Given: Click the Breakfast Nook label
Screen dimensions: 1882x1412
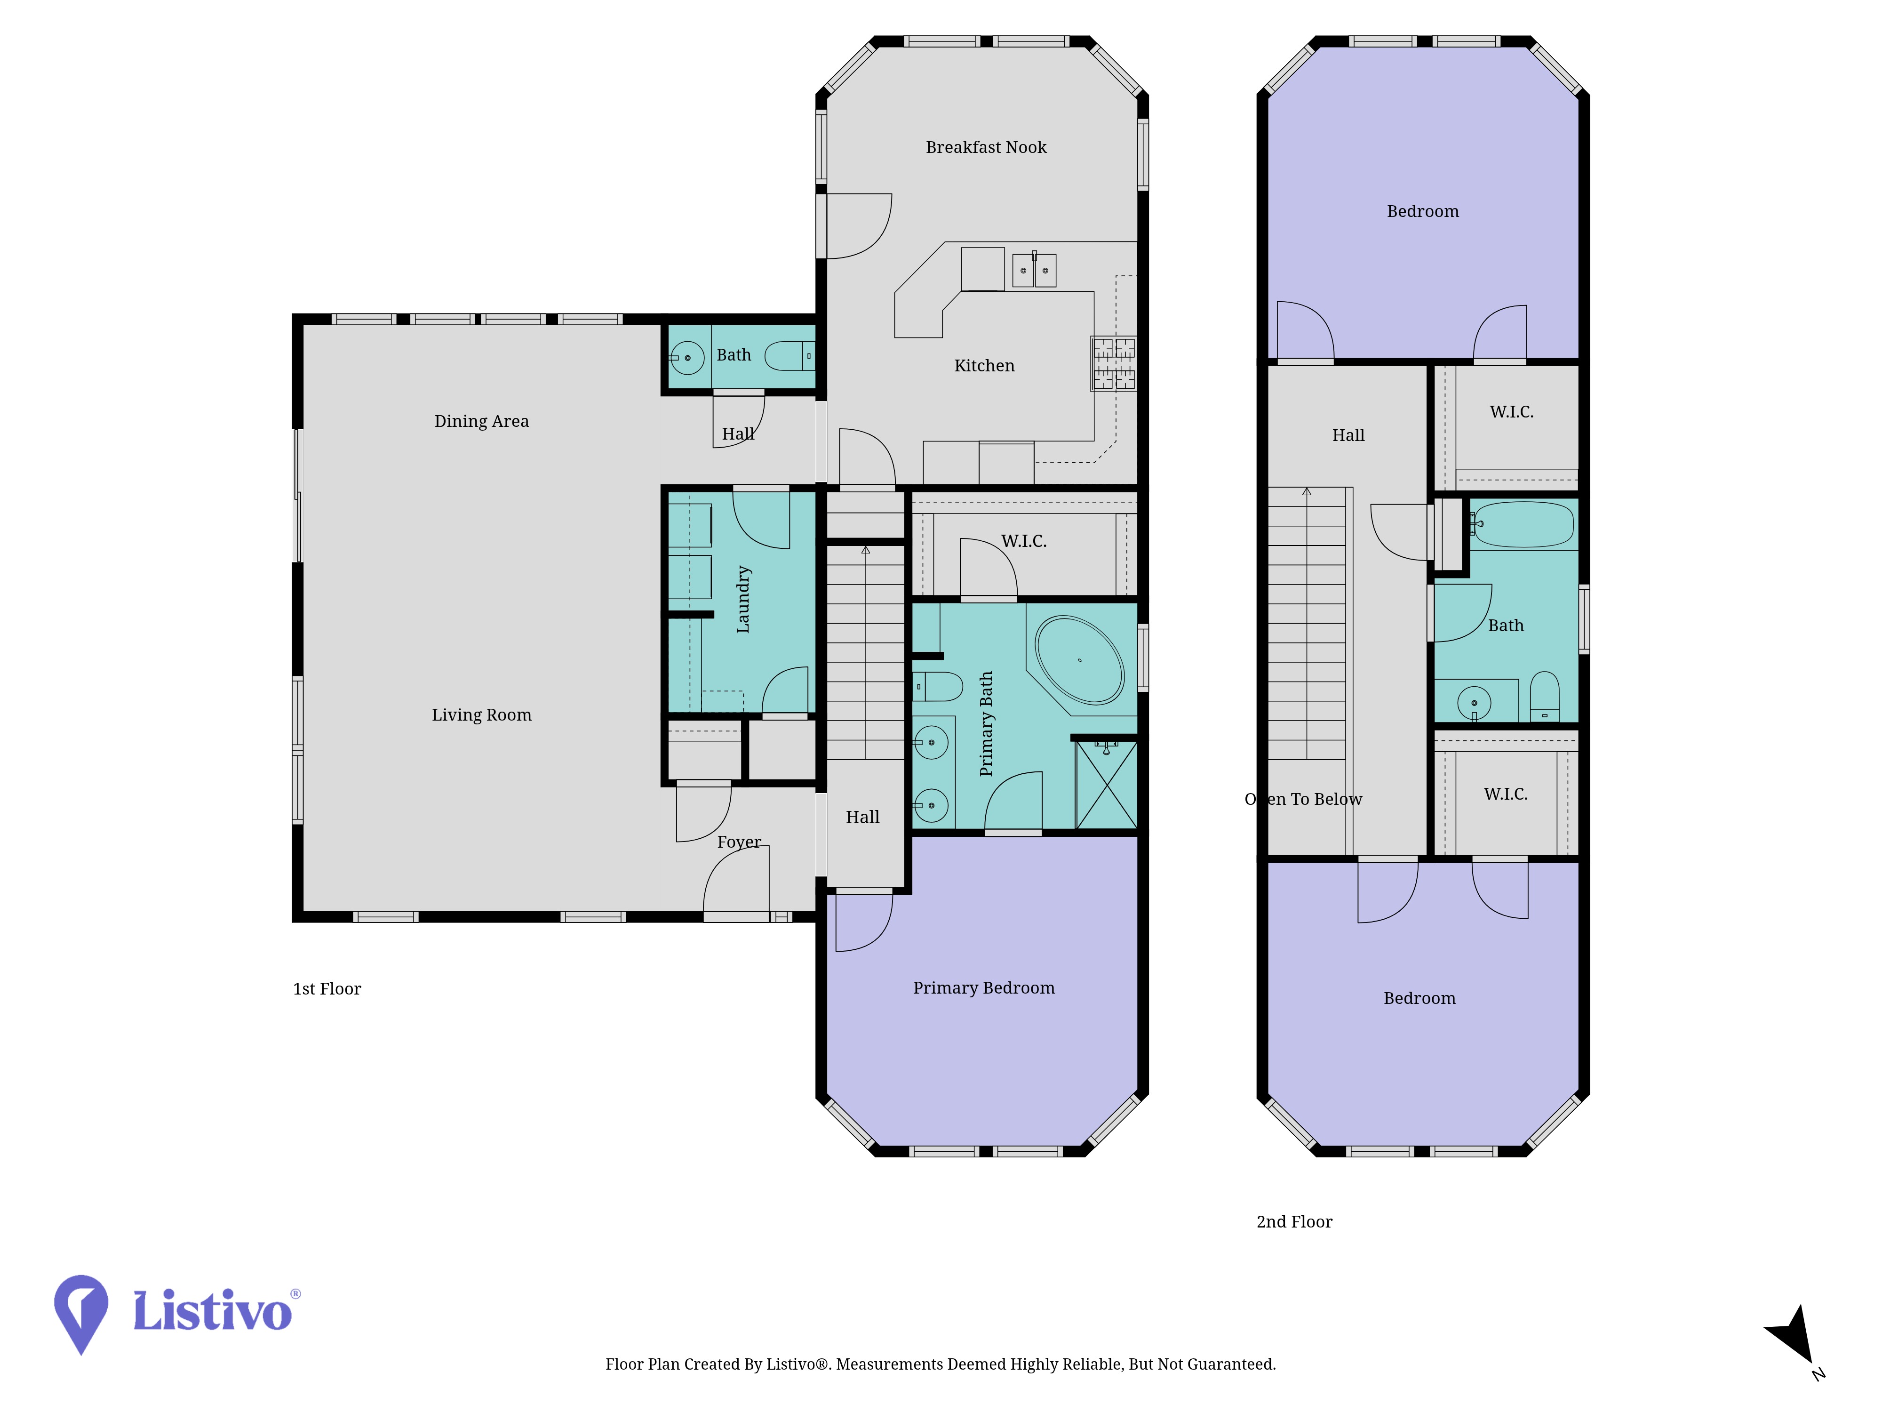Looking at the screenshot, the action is tap(986, 147).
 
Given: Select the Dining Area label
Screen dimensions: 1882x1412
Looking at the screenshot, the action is tap(482, 421).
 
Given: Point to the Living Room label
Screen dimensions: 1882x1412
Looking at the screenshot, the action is tap(482, 715).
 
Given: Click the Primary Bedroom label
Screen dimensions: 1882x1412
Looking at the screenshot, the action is tap(983, 988).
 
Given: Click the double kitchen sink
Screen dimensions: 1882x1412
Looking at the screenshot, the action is tap(1034, 270).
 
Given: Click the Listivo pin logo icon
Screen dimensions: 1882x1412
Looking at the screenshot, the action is tap(81, 1313).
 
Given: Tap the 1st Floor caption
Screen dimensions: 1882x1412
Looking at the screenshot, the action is tap(327, 989).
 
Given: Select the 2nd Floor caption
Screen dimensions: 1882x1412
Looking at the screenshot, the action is tap(1294, 1222).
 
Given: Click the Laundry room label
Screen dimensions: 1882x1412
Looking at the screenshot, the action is tap(743, 599).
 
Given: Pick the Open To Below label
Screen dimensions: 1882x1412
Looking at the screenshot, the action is tap(1303, 799).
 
